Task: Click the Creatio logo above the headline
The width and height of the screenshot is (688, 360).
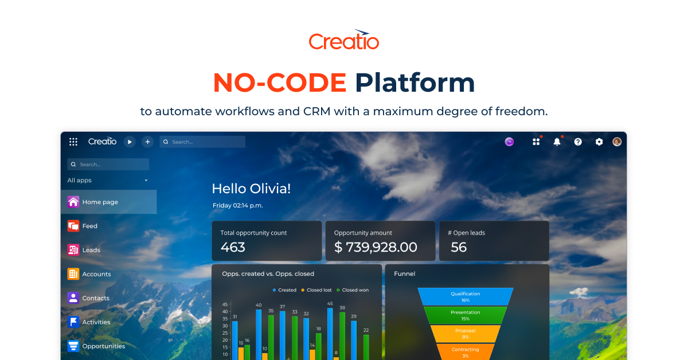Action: pos(344,40)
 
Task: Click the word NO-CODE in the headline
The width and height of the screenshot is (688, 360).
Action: pos(279,83)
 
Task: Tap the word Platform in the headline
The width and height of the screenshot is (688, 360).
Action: pos(415,83)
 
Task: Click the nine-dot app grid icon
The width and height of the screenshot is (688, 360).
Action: pos(73,142)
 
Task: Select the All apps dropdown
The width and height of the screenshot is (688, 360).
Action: pos(108,180)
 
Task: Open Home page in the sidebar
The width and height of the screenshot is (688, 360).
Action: pos(100,202)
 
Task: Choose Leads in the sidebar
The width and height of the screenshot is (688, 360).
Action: pos(91,250)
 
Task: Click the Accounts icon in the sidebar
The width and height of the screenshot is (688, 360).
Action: pos(73,274)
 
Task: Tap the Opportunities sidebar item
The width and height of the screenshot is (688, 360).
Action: pos(103,346)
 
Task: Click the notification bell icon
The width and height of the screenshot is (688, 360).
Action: pos(557,142)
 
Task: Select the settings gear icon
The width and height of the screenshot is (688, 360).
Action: pos(599,142)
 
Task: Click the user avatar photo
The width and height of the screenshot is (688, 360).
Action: pos(617,142)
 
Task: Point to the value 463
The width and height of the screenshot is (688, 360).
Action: pos(233,247)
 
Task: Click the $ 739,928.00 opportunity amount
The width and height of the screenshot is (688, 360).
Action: pos(376,247)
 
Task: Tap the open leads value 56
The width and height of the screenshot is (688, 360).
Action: pos(459,247)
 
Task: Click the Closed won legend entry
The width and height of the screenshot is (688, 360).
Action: pos(353,290)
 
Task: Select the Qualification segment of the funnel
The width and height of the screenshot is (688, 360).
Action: pos(465,296)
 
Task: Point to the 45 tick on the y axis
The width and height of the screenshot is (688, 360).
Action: pos(225,304)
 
